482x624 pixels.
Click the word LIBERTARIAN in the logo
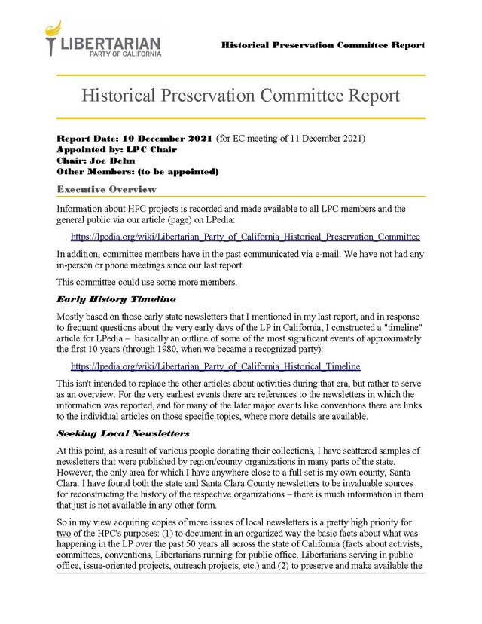pos(109,43)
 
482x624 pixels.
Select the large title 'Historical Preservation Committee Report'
pos(240,96)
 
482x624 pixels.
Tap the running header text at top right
pos(322,46)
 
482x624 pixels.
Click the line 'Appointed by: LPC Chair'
pos(117,149)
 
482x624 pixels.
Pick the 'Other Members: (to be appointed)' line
pos(138,171)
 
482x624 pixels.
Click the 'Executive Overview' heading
pos(106,189)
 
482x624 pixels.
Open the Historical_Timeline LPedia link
pos(215,366)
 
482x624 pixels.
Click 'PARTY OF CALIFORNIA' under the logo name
pos(125,55)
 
